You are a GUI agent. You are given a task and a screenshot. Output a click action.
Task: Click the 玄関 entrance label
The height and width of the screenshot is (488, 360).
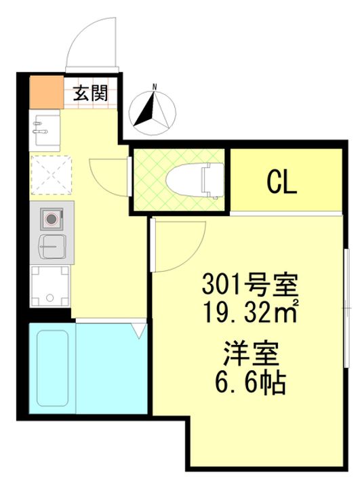[90, 93]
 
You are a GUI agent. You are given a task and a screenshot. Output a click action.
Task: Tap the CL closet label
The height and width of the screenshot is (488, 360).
[281, 183]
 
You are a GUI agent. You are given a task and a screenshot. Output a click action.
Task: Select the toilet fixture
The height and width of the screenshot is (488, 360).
[195, 180]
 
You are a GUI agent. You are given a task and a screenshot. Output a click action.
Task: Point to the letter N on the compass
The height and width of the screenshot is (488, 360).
[154, 87]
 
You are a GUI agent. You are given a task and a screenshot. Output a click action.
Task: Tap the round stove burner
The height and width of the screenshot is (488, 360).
[51, 219]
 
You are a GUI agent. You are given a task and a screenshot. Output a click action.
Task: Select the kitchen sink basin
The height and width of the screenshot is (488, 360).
[52, 247]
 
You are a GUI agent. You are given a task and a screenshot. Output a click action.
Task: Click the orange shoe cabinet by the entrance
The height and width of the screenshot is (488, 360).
[47, 92]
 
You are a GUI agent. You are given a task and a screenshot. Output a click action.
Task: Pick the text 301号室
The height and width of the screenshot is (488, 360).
[250, 285]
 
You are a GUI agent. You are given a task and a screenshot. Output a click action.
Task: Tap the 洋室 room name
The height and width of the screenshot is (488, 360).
[251, 354]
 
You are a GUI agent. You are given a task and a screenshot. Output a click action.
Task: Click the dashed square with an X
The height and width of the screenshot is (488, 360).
[51, 175]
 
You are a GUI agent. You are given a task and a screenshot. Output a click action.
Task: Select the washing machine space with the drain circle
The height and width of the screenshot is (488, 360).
[49, 286]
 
